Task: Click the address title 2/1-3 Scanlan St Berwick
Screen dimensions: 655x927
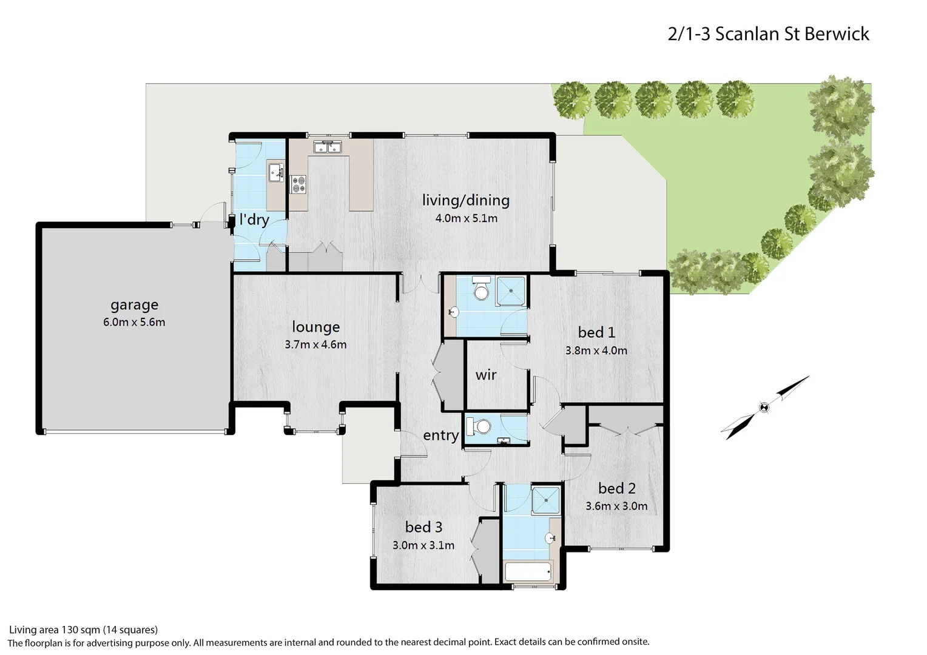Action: [768, 33]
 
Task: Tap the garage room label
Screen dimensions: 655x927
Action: [134, 304]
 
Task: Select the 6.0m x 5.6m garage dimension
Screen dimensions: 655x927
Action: [134, 322]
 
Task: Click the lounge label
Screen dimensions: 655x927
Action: [315, 327]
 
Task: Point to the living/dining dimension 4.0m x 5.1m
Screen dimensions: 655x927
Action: [466, 218]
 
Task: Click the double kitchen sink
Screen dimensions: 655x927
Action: [328, 147]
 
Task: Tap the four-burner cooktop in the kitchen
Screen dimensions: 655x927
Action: [298, 184]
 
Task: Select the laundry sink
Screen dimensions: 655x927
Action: [276, 171]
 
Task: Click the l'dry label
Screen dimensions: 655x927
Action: [254, 219]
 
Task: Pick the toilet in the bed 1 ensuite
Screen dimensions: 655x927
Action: [482, 289]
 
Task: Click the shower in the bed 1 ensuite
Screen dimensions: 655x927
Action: [511, 290]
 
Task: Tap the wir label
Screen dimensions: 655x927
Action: [486, 375]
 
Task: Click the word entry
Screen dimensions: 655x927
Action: [440, 435]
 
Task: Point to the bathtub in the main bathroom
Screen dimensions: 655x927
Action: [528, 571]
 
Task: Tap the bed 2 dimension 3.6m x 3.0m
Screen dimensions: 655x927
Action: [616, 506]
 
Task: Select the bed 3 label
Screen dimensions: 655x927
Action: [423, 527]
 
